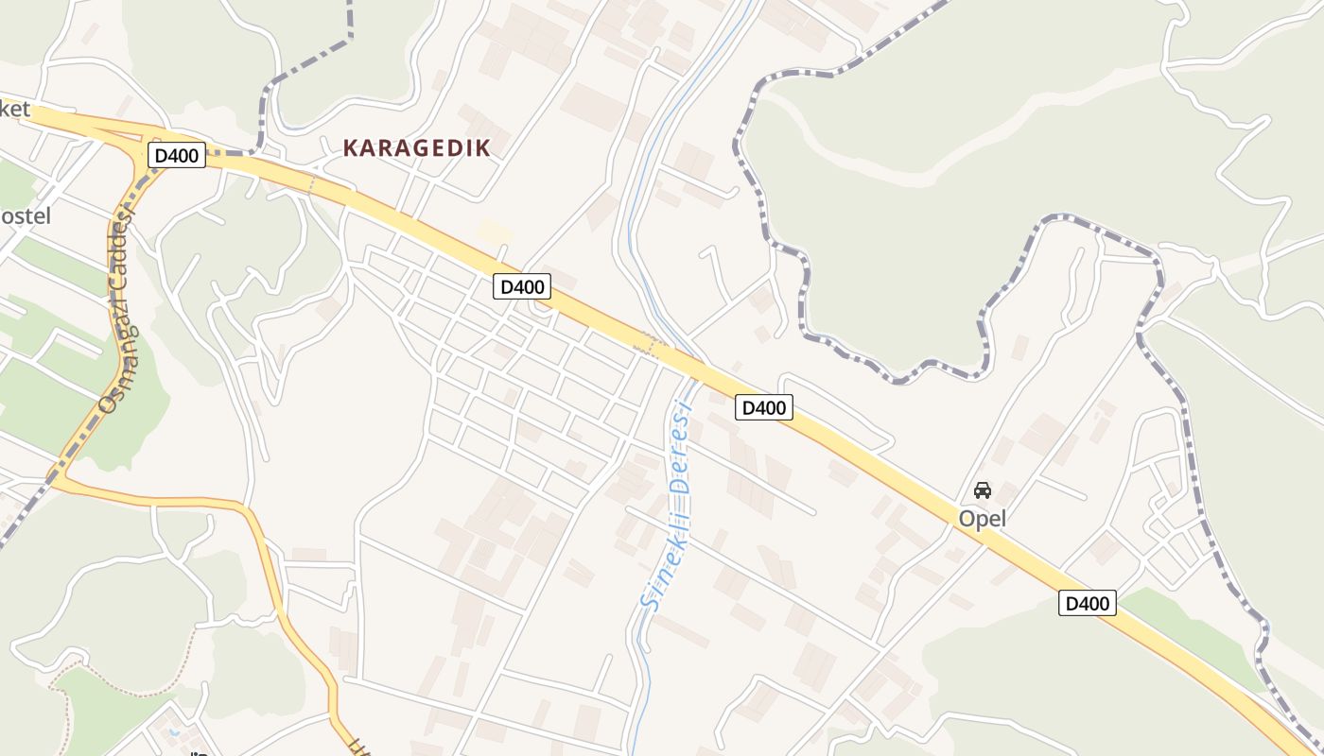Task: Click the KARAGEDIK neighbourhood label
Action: point(417,148)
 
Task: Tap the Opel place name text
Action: point(983,519)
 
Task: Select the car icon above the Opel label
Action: point(983,490)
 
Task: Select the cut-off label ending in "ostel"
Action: point(25,216)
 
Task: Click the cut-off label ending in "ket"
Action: point(15,110)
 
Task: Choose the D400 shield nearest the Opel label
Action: point(1087,603)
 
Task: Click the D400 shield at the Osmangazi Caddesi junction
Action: point(176,155)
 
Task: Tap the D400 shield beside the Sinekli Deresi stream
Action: point(763,407)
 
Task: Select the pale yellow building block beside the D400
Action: point(495,232)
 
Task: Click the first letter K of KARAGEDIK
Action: point(350,148)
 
